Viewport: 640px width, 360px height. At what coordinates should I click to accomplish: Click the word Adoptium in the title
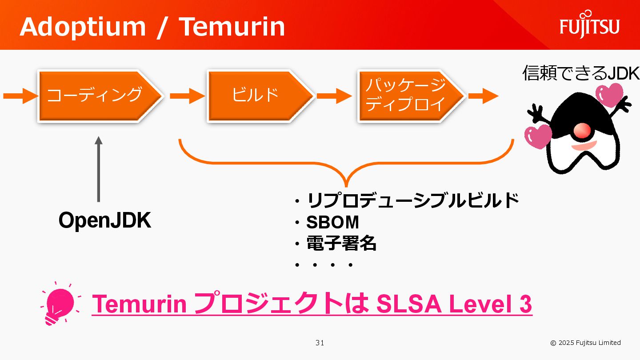tap(83, 27)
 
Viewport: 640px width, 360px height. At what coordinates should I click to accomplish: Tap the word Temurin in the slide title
tap(232, 27)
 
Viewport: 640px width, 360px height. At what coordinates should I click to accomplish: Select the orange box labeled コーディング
tap(98, 95)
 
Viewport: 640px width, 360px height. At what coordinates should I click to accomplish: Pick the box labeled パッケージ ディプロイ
tap(409, 95)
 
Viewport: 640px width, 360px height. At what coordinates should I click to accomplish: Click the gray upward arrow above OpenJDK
tap(99, 169)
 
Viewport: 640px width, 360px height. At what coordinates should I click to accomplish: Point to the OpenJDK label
tap(105, 220)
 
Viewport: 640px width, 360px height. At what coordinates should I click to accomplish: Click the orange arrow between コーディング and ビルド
tap(187, 96)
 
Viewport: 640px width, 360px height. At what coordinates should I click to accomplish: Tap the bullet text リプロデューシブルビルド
tap(413, 201)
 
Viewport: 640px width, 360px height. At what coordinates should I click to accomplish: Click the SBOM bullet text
tap(332, 222)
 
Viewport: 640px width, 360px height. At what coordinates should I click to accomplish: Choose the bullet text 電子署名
tap(341, 244)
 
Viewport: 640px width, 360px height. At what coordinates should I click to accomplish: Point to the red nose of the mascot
tap(582, 130)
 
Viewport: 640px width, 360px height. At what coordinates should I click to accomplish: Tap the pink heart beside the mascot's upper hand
tap(610, 93)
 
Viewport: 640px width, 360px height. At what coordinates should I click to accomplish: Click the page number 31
tap(320, 343)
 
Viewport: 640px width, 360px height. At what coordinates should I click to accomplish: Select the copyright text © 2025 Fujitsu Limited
tap(585, 343)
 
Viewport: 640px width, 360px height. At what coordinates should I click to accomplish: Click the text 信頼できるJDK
tap(580, 73)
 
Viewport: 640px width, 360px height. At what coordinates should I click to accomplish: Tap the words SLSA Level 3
tap(454, 304)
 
